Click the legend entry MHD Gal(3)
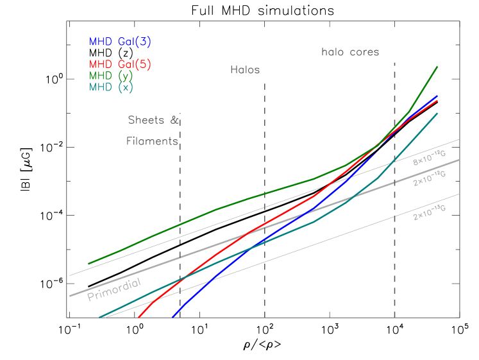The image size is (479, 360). (120, 42)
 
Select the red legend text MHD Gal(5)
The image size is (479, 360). (120, 64)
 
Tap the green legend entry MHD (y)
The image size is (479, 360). (111, 76)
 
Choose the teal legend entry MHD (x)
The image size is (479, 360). (111, 87)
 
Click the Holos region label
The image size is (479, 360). (245, 69)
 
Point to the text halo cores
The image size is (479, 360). (350, 52)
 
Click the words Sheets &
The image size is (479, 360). (153, 120)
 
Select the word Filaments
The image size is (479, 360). (152, 141)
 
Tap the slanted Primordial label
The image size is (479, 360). (114, 289)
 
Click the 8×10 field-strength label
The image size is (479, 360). (428, 159)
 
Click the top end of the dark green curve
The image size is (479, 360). (437, 66)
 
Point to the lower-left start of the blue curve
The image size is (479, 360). (173, 316)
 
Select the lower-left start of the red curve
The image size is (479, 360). (139, 316)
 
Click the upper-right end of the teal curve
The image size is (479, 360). (437, 113)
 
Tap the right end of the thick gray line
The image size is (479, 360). (459, 160)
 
